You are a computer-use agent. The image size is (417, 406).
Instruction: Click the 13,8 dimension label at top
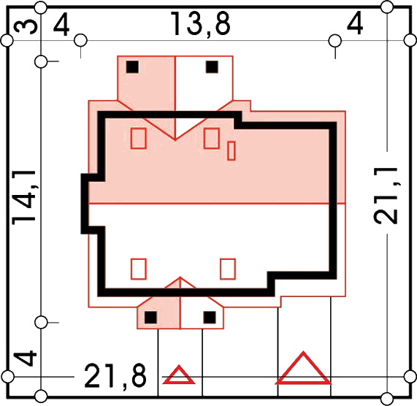200,24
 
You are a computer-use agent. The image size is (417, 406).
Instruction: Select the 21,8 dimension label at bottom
115,376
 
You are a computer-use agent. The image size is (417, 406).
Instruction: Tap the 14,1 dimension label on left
24,197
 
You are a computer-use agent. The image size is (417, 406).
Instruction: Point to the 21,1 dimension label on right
386,196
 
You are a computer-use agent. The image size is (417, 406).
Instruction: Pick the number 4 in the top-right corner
355,23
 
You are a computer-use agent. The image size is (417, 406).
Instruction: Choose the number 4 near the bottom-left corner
25,358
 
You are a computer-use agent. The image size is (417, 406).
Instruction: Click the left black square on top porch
132,66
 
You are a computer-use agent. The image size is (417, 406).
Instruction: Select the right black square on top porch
212,66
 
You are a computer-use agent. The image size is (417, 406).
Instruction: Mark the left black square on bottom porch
150,318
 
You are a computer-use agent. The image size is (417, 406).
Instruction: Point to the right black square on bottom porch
210,318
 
